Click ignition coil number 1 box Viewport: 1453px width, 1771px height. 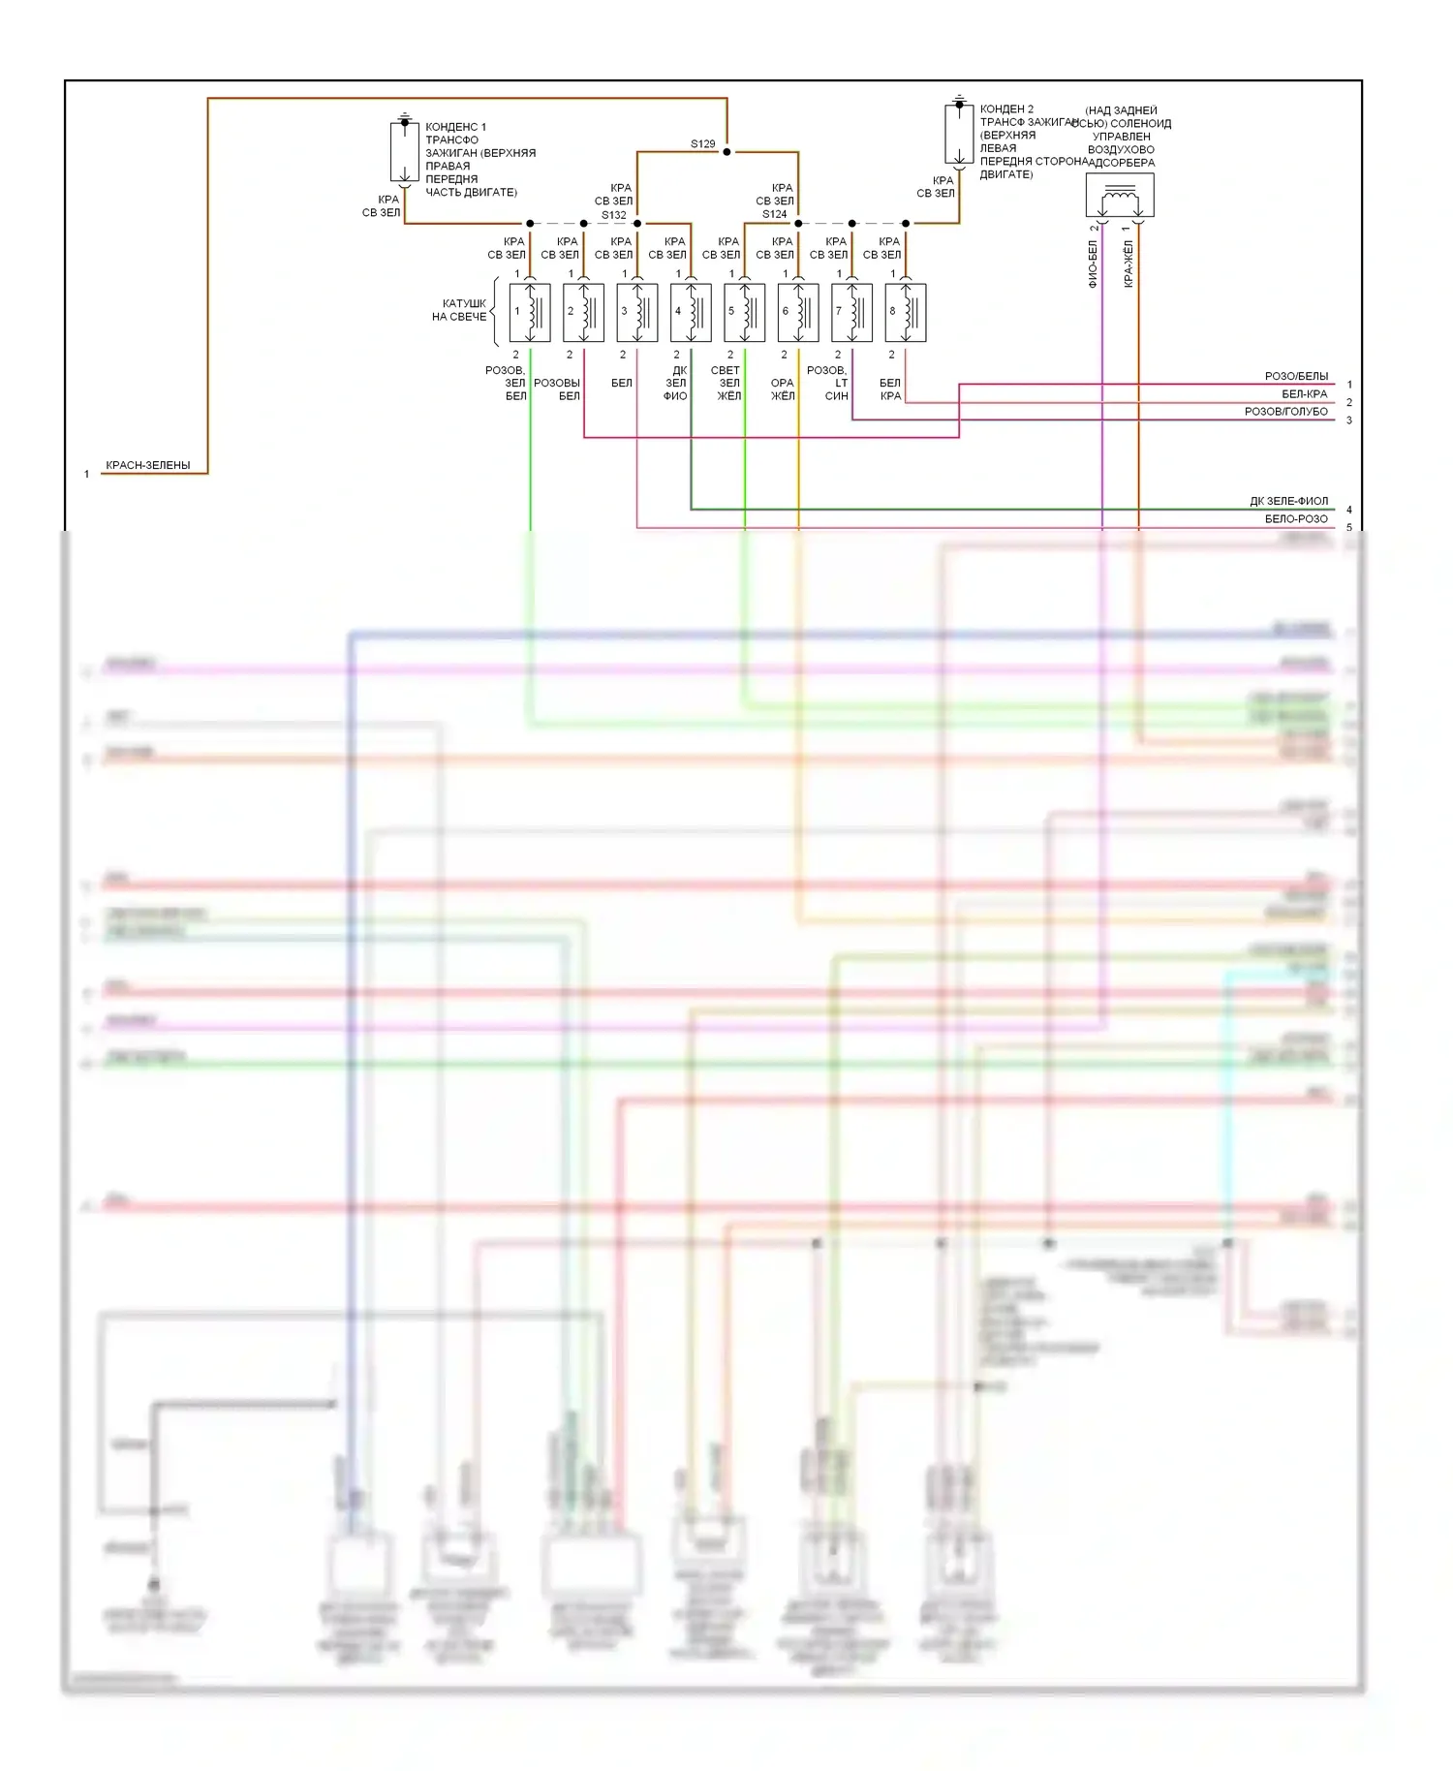(530, 312)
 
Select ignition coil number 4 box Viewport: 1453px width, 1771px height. (691, 312)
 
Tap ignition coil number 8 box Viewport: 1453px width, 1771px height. (906, 312)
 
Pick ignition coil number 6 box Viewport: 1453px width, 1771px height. (798, 312)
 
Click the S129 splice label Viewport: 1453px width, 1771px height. (702, 144)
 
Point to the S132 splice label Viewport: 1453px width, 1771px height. (613, 215)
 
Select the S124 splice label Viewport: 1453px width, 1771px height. (774, 214)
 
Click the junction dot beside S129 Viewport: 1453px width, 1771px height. (726, 152)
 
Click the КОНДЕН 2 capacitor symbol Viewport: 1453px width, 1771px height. (959, 134)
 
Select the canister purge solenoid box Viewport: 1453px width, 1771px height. (1120, 197)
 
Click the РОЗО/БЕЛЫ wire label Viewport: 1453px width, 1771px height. (1296, 376)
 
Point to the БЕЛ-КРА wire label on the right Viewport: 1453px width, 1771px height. (1304, 394)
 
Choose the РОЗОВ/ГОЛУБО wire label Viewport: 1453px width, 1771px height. (1285, 412)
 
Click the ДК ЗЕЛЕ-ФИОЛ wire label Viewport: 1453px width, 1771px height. (1288, 501)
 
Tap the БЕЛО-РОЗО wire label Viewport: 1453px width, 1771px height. (1296, 519)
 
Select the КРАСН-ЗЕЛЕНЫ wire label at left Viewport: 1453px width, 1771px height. (147, 465)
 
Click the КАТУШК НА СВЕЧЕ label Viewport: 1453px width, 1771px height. (459, 310)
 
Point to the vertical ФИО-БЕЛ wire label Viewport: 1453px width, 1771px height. (1093, 264)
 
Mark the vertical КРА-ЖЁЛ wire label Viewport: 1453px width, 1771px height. (1128, 264)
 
